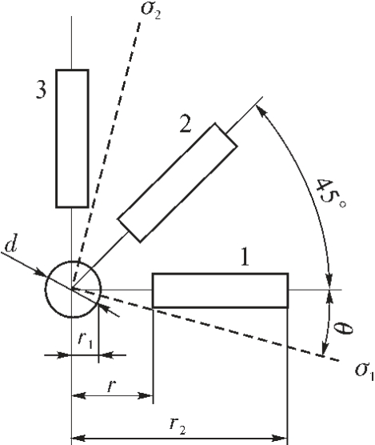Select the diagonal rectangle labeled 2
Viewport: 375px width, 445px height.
[178, 182]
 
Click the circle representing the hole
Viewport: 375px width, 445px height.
[46, 290]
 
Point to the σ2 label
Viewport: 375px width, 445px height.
[151, 10]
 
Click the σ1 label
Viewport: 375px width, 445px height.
[365, 371]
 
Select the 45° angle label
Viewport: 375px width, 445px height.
[330, 194]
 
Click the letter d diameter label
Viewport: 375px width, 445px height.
[11, 243]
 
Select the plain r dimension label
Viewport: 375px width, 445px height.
[112, 386]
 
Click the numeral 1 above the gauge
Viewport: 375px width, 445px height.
[245, 257]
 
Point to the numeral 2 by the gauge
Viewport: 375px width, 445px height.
[186, 124]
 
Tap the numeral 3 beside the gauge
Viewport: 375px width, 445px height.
[41, 90]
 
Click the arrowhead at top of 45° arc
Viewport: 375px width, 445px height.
[261, 110]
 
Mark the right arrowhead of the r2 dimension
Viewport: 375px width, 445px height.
[281, 438]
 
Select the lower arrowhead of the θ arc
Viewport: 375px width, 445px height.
[325, 349]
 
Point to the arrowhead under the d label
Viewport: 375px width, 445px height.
[39, 272]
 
